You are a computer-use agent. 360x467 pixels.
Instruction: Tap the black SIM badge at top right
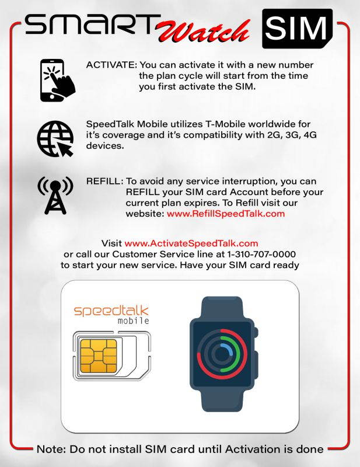[x=297, y=28]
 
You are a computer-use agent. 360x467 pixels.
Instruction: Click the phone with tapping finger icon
[x=57, y=80]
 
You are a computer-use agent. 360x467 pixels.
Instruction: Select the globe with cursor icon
[x=55, y=139]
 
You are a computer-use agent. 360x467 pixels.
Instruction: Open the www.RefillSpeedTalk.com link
[x=225, y=214]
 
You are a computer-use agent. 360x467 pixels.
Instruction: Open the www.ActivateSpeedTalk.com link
[x=191, y=243]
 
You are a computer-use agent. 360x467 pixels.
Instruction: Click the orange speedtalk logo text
[x=111, y=310]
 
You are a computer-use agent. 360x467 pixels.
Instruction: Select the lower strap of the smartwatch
[x=222, y=401]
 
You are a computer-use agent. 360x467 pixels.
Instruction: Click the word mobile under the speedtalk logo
[x=133, y=321]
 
